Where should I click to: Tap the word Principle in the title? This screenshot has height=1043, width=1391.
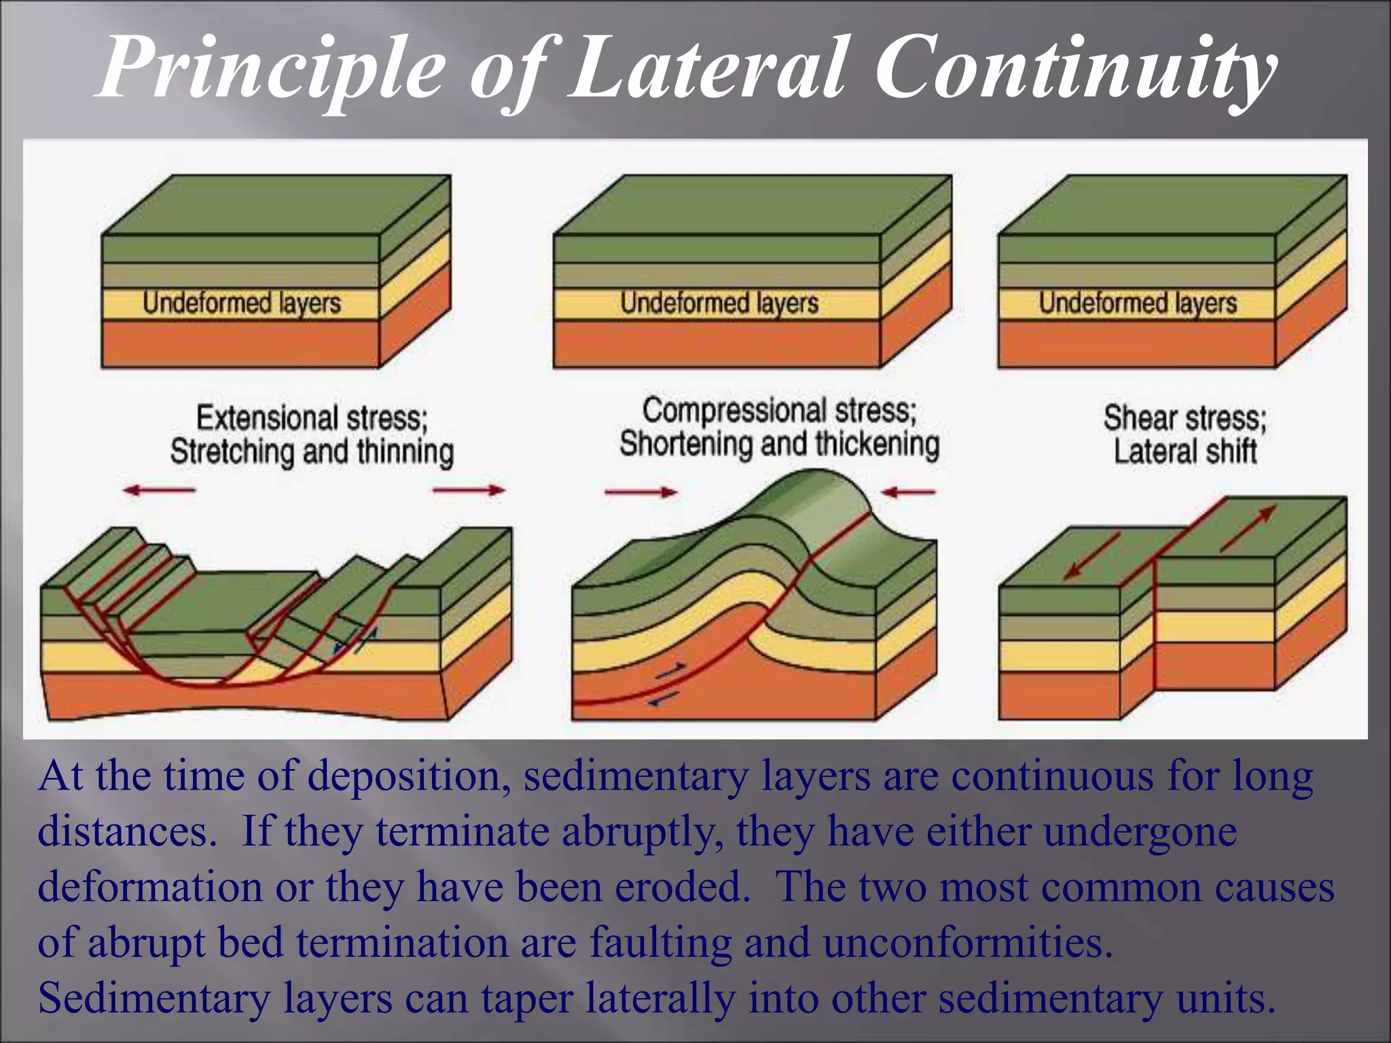272,68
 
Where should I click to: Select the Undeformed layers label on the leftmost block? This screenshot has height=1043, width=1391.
241,303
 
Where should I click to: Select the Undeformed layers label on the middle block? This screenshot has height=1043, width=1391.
719,303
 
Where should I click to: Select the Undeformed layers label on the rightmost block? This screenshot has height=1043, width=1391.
1138,303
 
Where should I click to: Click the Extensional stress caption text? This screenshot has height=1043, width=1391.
312,418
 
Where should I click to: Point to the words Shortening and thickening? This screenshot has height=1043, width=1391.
779,444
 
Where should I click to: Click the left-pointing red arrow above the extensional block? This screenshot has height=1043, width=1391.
160,490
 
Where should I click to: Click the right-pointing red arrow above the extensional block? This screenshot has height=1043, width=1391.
469,490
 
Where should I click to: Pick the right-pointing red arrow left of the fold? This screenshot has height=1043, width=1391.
640,492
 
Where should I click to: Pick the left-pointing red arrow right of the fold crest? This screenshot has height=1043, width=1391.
909,492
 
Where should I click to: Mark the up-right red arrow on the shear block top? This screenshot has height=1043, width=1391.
1247,529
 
